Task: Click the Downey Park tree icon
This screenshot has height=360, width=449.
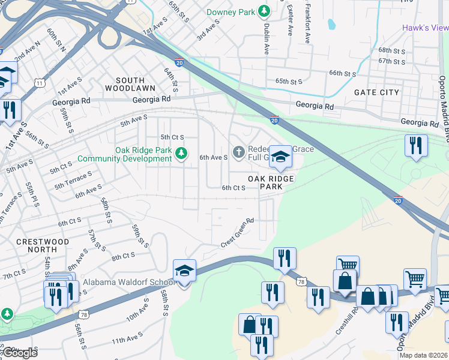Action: pyautogui.click(x=263, y=11)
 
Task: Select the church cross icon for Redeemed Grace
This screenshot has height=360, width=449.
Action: pyautogui.click(x=238, y=152)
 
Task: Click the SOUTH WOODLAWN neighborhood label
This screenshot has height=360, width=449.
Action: pyautogui.click(x=130, y=84)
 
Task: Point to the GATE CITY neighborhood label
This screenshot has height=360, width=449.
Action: pyautogui.click(x=376, y=92)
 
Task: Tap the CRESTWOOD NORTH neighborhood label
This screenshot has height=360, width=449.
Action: pyautogui.click(x=43, y=246)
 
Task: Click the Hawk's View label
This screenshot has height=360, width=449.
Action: pyautogui.click(x=425, y=28)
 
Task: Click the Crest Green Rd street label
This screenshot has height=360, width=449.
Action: pyautogui.click(x=238, y=232)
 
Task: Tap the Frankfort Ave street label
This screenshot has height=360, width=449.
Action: pyautogui.click(x=307, y=22)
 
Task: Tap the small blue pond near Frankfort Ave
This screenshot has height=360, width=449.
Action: pyautogui.click(x=331, y=25)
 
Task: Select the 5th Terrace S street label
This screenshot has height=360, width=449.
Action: pyautogui.click(x=73, y=182)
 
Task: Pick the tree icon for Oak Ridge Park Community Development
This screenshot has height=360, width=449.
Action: pyautogui.click(x=181, y=154)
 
